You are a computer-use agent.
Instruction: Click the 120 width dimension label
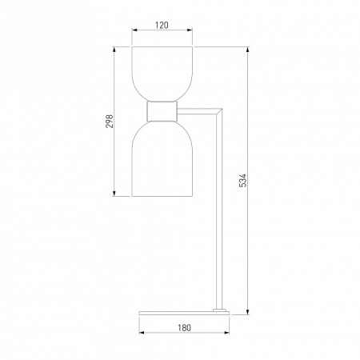coord(162,25)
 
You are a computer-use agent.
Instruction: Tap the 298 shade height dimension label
coord(110,122)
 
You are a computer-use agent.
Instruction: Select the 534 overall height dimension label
coord(243,181)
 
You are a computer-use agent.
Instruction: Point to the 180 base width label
coord(184,327)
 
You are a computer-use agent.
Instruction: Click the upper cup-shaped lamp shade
coord(162,74)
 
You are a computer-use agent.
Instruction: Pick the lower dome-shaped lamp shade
coord(162,159)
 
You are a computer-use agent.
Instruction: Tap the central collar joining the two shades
coord(162,111)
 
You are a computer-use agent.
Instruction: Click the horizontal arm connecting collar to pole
coord(198,111)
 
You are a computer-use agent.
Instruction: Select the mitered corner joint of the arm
coord(219,112)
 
